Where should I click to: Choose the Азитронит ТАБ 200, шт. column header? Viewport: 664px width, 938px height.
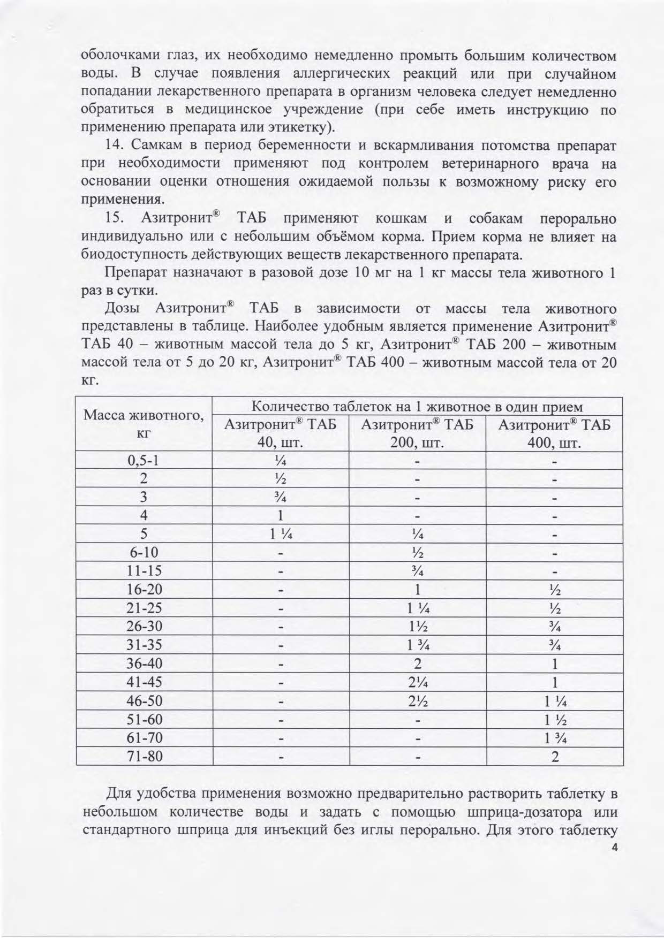(x=417, y=433)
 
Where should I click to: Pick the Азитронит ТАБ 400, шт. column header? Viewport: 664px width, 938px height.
(x=554, y=433)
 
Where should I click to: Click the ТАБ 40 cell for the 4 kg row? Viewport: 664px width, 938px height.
(x=281, y=516)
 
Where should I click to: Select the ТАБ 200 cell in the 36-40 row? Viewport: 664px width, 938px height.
(x=417, y=664)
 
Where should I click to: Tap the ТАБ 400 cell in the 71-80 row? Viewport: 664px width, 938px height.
(x=555, y=756)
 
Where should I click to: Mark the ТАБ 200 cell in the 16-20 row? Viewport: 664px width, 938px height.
(x=417, y=590)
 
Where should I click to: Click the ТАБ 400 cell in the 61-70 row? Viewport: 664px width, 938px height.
(x=555, y=738)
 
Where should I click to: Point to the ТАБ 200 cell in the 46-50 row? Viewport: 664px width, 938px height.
(x=417, y=701)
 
